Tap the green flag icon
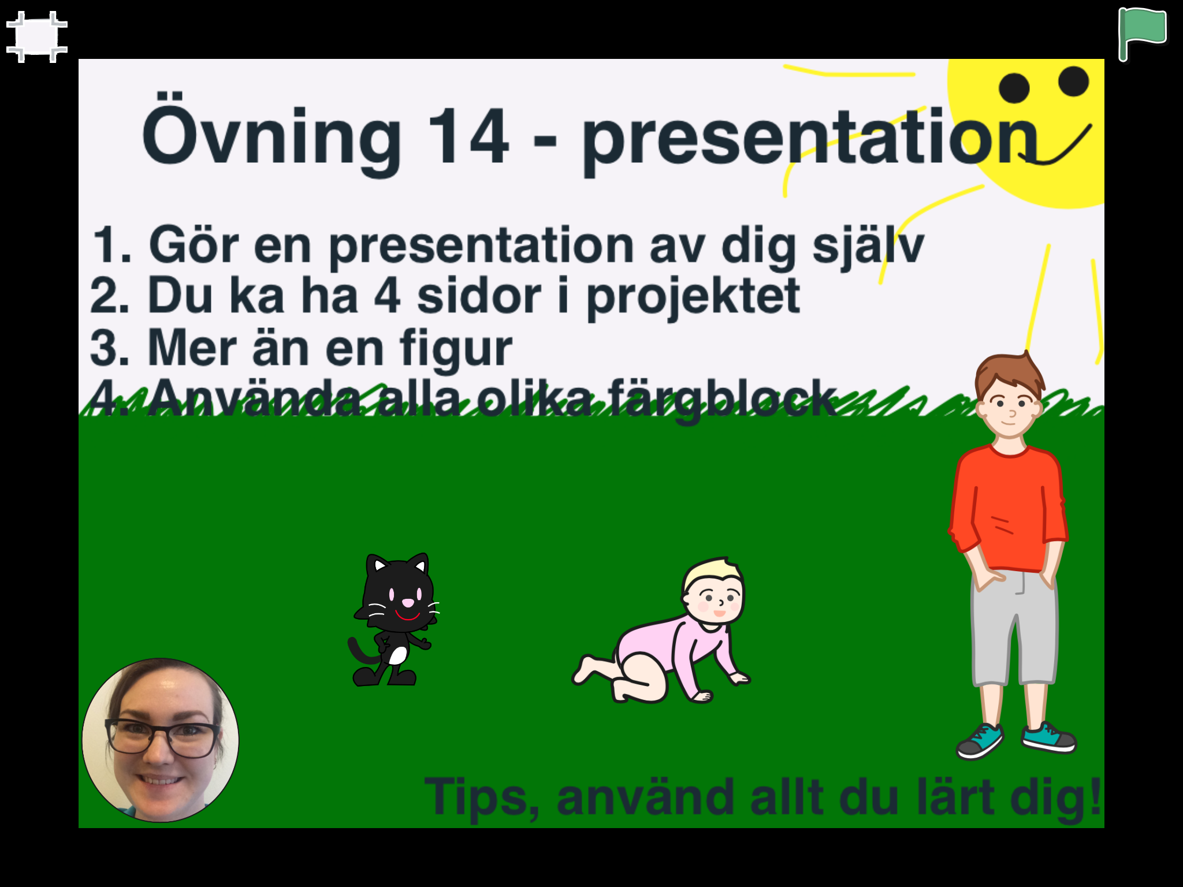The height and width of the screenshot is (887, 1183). tap(1142, 33)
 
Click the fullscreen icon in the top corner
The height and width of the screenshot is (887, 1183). tap(37, 37)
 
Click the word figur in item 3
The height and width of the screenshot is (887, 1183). tap(456, 349)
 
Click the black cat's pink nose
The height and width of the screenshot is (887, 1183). tap(408, 603)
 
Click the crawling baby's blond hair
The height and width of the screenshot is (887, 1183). tap(709, 571)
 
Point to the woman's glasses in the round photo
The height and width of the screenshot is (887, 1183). tap(161, 737)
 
